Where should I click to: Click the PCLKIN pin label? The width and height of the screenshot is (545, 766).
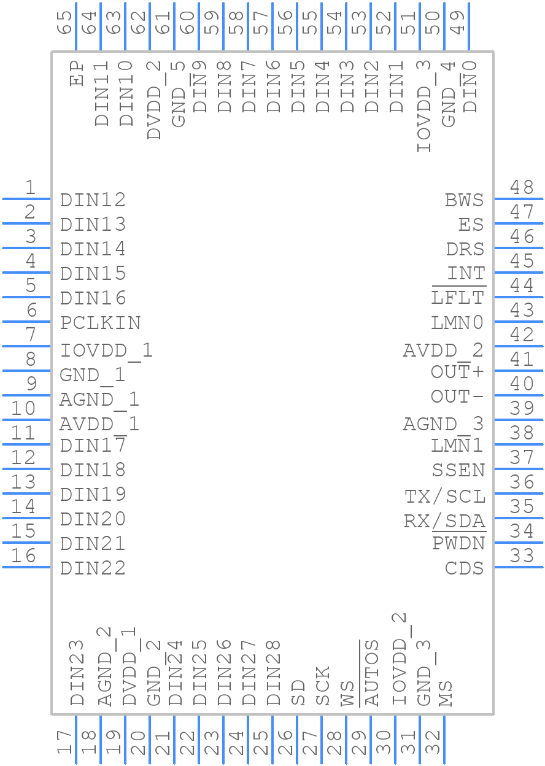[x=101, y=323]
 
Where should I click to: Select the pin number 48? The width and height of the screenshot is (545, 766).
[x=522, y=187]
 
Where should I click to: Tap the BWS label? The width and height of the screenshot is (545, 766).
[x=465, y=200]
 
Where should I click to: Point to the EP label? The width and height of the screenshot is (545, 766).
[x=77, y=73]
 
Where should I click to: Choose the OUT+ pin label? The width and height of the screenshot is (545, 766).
[x=457, y=372]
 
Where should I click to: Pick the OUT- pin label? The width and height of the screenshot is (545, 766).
[x=457, y=397]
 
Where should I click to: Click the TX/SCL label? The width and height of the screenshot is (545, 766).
[x=445, y=496]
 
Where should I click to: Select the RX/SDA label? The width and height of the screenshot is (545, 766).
[x=445, y=520]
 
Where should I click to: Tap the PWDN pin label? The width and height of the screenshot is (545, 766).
[x=458, y=544]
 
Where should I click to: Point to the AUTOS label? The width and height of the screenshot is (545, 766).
[x=372, y=673]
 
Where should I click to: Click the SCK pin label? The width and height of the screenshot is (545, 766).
[x=323, y=686]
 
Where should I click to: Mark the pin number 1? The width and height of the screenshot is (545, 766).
[x=29, y=187]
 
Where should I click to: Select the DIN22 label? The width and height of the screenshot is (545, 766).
[x=93, y=568]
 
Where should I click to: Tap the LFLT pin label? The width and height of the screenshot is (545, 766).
[x=458, y=298]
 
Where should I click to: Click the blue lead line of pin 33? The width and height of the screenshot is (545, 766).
[x=519, y=567]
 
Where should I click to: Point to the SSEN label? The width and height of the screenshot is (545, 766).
[x=458, y=470]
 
